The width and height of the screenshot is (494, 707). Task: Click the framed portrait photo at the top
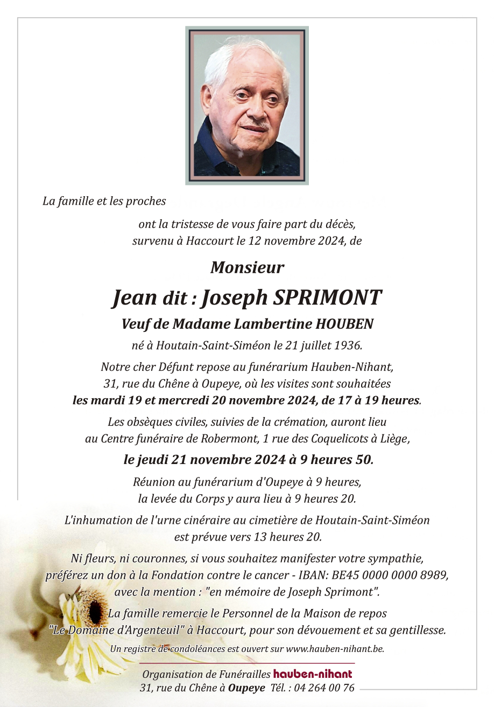[247, 106]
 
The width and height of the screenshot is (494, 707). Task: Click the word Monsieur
[247, 267]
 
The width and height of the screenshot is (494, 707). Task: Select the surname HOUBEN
[344, 324]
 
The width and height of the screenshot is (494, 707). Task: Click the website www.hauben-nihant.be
[335, 649]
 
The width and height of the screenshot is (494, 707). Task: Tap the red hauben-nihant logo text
[313, 674]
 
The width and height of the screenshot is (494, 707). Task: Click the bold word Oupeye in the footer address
[246, 688]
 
